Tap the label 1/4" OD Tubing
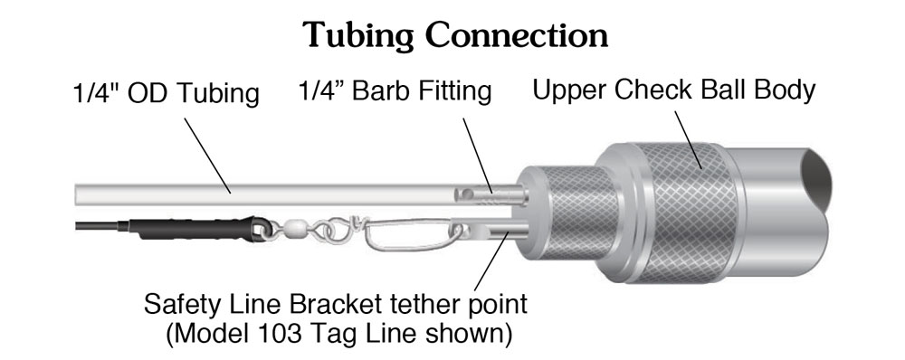(x=167, y=93)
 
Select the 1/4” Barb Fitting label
(x=395, y=91)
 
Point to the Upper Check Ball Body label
(x=673, y=90)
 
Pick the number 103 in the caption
(x=318, y=334)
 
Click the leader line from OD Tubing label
(x=207, y=156)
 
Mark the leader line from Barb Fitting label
(x=478, y=156)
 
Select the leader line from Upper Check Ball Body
(x=688, y=140)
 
